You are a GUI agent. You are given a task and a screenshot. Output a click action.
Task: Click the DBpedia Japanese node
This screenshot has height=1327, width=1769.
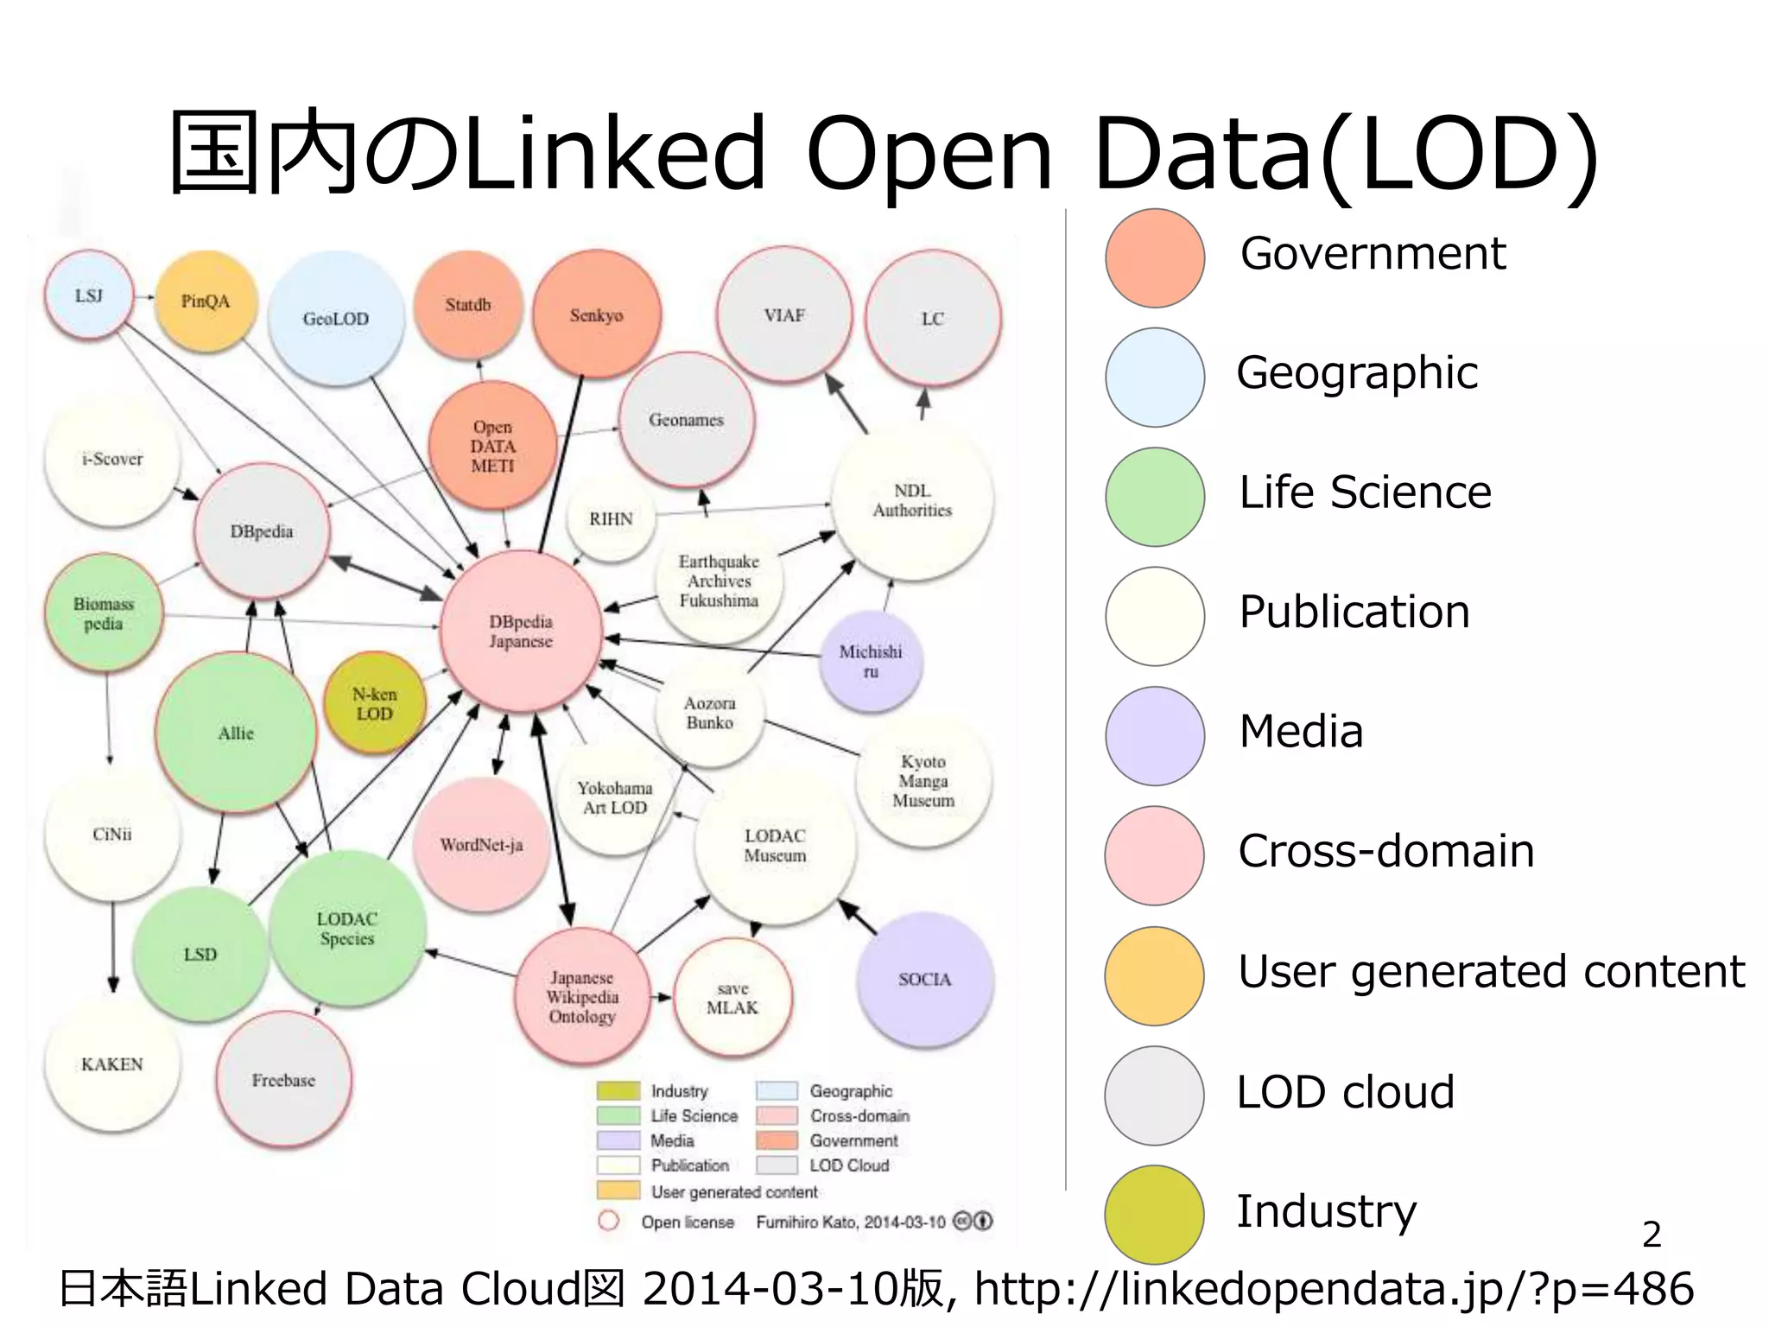point(521,632)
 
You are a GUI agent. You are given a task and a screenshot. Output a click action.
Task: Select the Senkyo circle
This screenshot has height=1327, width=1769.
point(596,315)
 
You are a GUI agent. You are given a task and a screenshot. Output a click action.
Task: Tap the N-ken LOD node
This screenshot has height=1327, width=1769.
point(374,704)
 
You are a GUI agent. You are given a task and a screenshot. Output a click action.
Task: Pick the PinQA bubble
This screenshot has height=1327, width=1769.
point(206,302)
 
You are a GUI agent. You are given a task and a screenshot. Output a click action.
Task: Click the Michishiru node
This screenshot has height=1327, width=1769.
point(871,661)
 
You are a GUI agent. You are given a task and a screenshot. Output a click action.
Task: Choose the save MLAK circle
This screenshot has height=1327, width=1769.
point(732,999)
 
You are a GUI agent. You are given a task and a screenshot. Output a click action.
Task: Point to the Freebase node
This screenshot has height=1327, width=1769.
point(283,1080)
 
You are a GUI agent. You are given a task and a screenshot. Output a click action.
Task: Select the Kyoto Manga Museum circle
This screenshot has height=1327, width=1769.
point(923,781)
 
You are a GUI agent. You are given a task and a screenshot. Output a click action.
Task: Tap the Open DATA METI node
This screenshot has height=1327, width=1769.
point(492,446)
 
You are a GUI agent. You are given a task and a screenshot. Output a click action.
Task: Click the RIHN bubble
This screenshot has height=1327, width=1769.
point(611,519)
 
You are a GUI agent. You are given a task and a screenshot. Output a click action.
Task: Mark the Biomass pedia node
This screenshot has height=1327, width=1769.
point(104,613)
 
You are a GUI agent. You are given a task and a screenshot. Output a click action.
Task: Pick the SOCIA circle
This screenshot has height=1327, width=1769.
point(924,979)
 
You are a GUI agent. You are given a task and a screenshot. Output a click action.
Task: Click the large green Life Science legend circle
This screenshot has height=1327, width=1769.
point(1155,497)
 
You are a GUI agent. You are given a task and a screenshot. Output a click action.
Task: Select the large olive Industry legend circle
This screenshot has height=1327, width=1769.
point(1155,1214)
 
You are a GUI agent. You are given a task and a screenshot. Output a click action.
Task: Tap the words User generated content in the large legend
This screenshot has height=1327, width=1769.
point(1491,971)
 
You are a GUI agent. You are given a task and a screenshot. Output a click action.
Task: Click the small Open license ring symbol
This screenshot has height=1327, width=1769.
point(609,1221)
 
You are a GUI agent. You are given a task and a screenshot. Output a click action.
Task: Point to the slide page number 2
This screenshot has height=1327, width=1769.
point(1652,1235)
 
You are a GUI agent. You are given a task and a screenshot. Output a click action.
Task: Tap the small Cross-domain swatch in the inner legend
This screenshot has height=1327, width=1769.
point(777,1115)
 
